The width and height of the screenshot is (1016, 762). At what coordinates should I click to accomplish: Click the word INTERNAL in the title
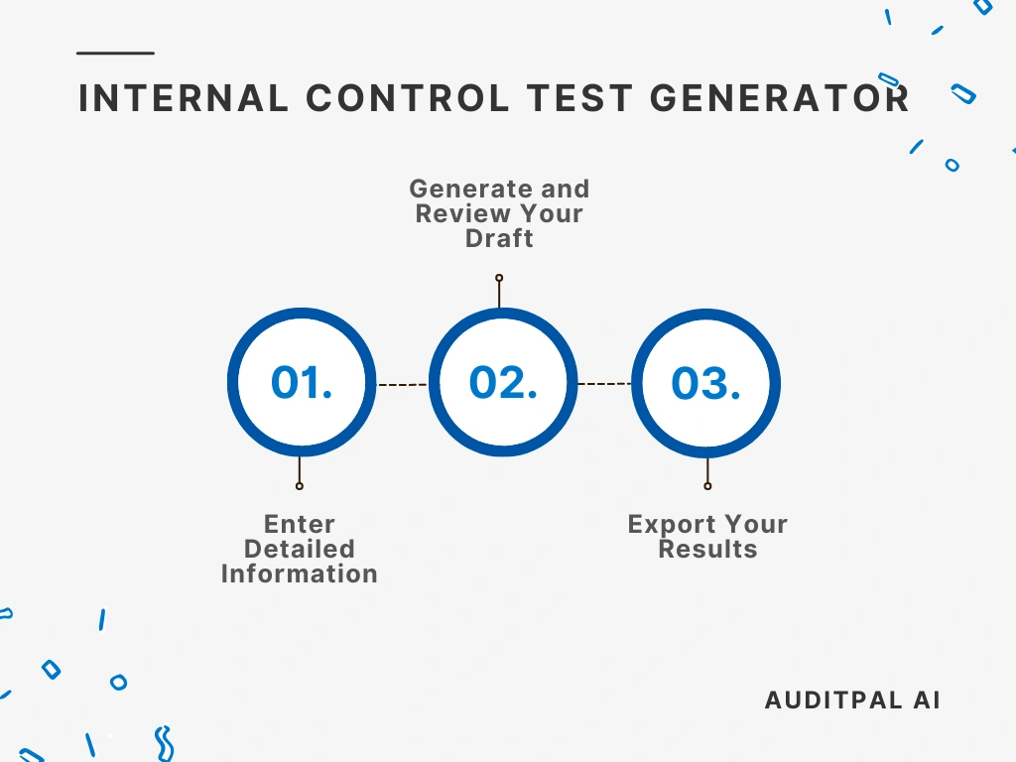click(x=181, y=98)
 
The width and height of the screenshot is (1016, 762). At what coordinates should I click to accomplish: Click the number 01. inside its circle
click(x=302, y=383)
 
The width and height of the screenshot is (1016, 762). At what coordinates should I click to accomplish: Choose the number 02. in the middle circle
click(x=503, y=383)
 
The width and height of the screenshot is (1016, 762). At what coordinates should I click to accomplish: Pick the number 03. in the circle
click(x=705, y=383)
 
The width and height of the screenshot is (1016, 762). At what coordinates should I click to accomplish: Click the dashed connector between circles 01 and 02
click(x=402, y=384)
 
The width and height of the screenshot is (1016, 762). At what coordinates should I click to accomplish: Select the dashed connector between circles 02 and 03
click(x=604, y=384)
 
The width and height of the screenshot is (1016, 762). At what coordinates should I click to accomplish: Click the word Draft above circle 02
click(x=499, y=238)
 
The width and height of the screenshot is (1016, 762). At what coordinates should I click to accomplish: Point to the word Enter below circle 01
click(x=300, y=524)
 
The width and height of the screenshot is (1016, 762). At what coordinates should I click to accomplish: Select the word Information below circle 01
click(x=300, y=573)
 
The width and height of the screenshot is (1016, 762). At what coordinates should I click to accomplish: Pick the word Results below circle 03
click(x=707, y=549)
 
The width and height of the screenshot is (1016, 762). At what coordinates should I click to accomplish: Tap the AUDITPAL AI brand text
click(x=852, y=699)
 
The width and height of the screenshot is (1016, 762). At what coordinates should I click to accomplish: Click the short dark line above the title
click(x=115, y=53)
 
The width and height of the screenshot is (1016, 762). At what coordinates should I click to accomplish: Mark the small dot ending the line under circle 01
click(x=300, y=486)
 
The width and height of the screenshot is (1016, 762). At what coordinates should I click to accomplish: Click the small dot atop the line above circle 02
click(x=499, y=278)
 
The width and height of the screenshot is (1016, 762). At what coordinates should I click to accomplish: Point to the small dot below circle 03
click(x=707, y=486)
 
